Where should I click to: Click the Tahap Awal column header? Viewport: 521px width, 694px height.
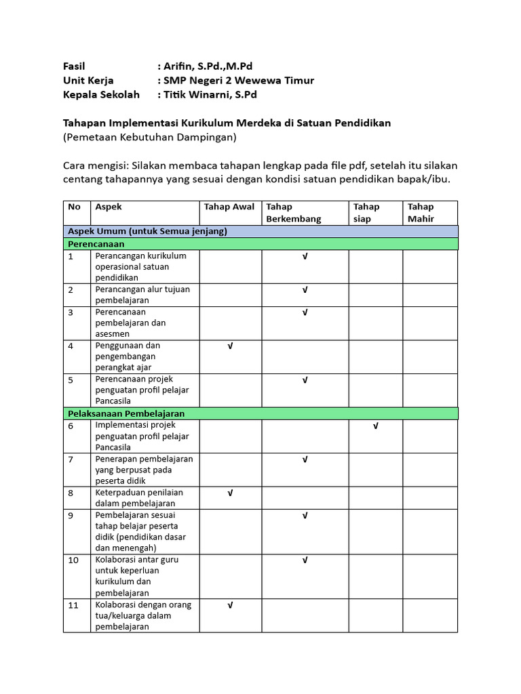point(229,207)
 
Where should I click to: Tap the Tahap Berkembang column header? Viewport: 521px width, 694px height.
point(294,212)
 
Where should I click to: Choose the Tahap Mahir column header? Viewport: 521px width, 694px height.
point(421,212)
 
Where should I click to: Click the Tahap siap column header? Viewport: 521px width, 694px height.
point(367,212)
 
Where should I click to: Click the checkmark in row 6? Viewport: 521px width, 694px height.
point(376,426)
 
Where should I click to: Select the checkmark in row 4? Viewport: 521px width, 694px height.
point(230,346)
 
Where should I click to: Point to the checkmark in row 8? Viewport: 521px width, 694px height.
point(230,493)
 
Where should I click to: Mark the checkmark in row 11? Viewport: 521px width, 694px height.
point(230,605)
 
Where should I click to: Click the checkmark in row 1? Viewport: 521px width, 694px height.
point(305,256)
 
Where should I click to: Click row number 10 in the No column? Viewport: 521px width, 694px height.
point(74,560)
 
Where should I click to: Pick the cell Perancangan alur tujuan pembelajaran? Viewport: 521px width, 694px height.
point(142,295)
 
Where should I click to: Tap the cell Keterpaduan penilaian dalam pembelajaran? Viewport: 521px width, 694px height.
point(139,497)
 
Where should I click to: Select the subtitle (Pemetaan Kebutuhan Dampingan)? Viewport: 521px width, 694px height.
point(149,138)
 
